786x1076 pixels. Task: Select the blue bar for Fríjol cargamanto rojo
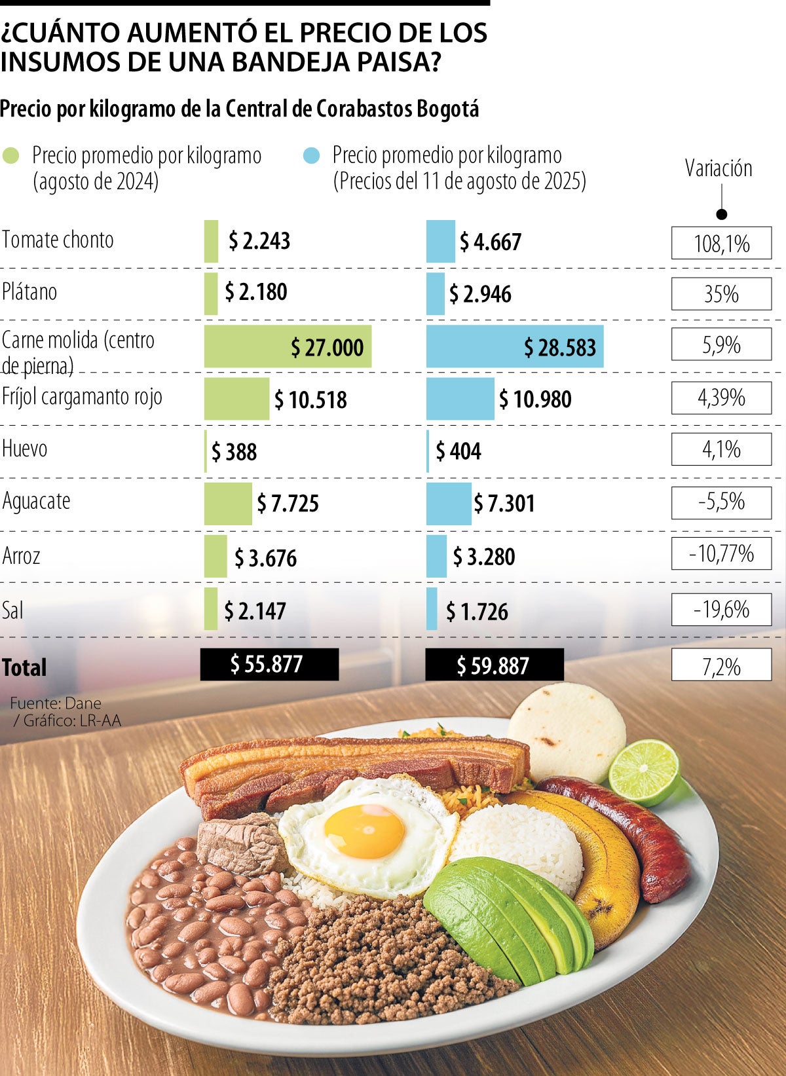(460, 399)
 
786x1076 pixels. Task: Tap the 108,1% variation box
(721, 244)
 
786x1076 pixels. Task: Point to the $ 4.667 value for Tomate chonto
(490, 242)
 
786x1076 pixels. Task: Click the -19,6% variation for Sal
(721, 610)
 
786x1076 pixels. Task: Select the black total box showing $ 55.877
(269, 665)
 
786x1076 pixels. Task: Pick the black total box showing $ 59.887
(494, 665)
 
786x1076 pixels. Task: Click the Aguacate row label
(37, 501)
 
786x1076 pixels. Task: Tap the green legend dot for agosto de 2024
(11, 156)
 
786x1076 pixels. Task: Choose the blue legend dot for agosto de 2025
(312, 156)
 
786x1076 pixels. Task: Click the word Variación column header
(719, 168)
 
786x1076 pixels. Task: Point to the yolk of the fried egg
(364, 831)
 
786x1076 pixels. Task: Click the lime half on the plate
(643, 772)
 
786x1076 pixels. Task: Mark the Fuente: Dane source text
(56, 703)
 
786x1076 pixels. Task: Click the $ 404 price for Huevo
(458, 451)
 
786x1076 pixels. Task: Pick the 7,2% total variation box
(721, 666)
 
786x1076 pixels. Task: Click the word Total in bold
(24, 667)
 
